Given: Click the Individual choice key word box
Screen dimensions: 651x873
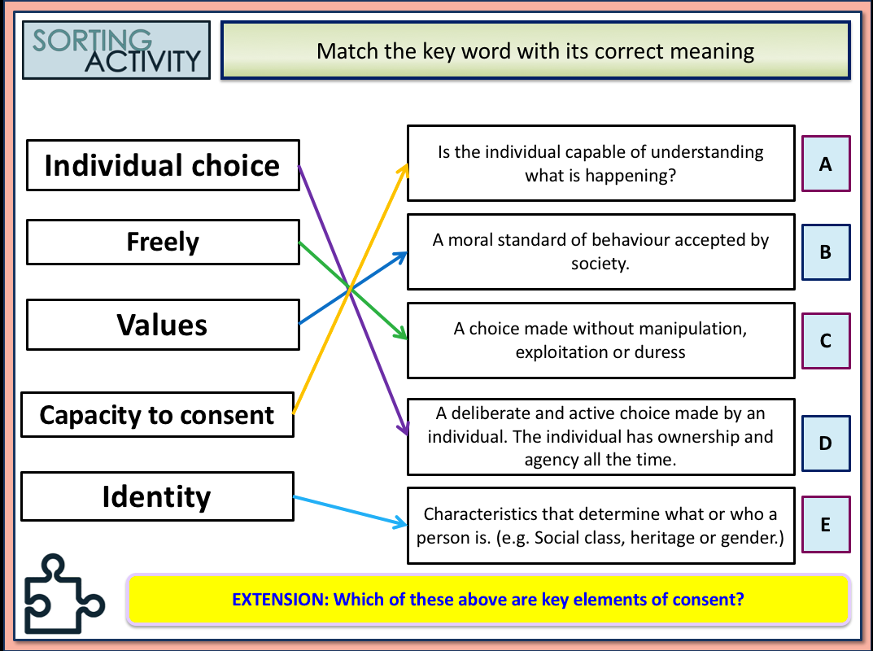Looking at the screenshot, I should [x=163, y=165].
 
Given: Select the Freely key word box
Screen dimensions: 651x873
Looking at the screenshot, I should [x=163, y=242].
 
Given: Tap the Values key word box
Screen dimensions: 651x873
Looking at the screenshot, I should [x=163, y=325].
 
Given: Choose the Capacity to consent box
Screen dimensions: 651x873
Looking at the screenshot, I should [x=157, y=415].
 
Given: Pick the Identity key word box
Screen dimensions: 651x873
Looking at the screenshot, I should [x=157, y=496].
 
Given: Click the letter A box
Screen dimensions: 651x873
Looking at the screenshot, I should [x=825, y=164].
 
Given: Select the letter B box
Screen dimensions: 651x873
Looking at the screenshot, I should [x=825, y=252].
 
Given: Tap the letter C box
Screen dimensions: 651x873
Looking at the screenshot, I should [x=825, y=341].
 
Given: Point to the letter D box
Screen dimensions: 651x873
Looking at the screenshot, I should [x=825, y=443].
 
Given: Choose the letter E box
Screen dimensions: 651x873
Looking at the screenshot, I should [x=825, y=525].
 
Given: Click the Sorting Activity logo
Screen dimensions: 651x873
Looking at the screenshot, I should [x=116, y=50].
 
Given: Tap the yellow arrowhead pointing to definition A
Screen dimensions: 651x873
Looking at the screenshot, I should [x=403, y=167].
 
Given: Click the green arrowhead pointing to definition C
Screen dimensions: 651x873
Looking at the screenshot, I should [x=399, y=333].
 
